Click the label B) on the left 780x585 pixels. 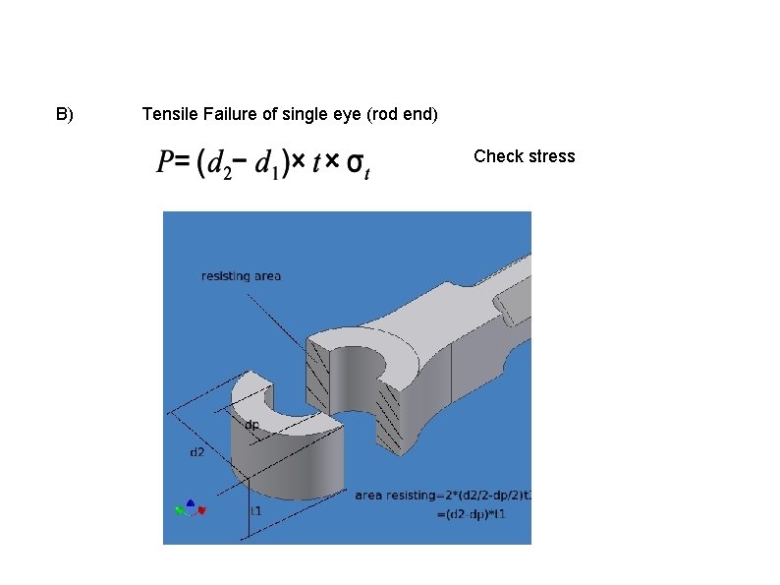[x=64, y=115]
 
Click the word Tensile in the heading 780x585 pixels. [x=169, y=115]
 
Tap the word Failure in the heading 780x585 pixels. [x=229, y=115]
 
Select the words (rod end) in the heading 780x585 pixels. [x=402, y=115]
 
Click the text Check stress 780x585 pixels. [x=524, y=156]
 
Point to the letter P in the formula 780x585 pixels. [x=165, y=163]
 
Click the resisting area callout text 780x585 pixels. [x=241, y=276]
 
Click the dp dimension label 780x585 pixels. [x=251, y=425]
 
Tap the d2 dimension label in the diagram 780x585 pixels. [x=197, y=452]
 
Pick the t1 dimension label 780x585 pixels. [x=254, y=511]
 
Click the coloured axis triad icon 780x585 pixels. [x=190, y=507]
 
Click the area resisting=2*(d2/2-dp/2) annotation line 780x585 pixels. [x=442, y=496]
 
